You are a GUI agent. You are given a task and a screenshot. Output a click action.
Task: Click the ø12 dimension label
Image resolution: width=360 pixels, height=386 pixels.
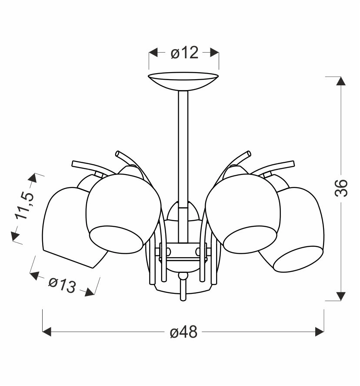pyautogui.click(x=184, y=53)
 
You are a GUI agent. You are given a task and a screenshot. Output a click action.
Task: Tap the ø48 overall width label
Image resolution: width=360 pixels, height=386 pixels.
pyautogui.click(x=183, y=332)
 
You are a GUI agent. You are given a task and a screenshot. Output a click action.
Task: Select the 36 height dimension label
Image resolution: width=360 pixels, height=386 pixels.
pyautogui.click(x=341, y=188)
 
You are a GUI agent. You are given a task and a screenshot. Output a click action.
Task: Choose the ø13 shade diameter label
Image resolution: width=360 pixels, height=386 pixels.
pyautogui.click(x=62, y=285)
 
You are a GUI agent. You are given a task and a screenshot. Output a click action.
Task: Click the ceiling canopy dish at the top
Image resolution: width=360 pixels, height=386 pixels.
pyautogui.click(x=183, y=81)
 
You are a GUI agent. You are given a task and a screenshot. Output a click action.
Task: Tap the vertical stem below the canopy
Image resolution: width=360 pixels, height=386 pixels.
pyautogui.click(x=183, y=166)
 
